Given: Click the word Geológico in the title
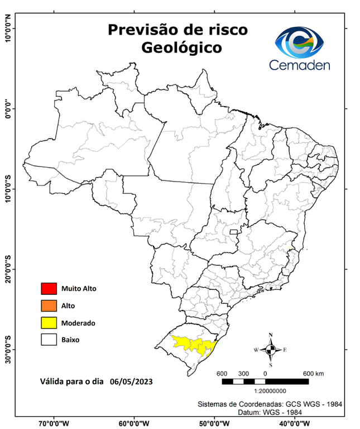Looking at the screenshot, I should tap(181, 48).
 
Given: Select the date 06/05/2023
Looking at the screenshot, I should tap(131, 382).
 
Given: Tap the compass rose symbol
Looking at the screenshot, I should tap(271, 350).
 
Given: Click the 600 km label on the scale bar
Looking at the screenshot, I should tap(313, 373).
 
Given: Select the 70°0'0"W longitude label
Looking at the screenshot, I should tap(54, 423).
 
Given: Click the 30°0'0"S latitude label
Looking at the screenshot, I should tap(8, 350).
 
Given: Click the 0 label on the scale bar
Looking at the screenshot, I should tap(265, 373).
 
